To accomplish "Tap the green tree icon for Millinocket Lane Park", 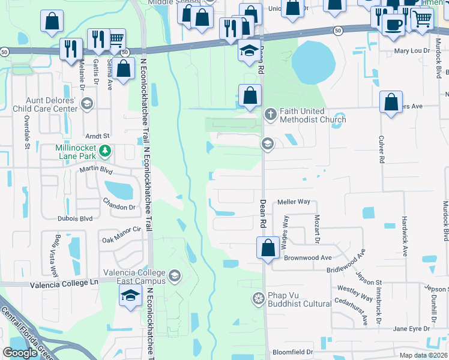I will pyautogui.click(x=106, y=150).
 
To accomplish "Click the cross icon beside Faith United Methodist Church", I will pyautogui.click(x=270, y=113).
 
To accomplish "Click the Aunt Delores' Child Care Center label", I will pyautogui.click(x=51, y=104).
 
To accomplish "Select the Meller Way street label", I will pyautogui.click(x=294, y=202).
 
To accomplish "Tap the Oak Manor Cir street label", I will pyautogui.click(x=121, y=233).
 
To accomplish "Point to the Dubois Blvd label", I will pyautogui.click(x=74, y=218).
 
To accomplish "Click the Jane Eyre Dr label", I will pyautogui.click(x=411, y=329).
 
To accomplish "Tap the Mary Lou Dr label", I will pyautogui.click(x=412, y=51).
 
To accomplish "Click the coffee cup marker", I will pyautogui.click(x=393, y=25).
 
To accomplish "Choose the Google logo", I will pyautogui.click(x=19, y=353).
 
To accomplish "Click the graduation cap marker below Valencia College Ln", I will pyautogui.click(x=130, y=296).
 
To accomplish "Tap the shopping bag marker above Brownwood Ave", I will pyautogui.click(x=268, y=246).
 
